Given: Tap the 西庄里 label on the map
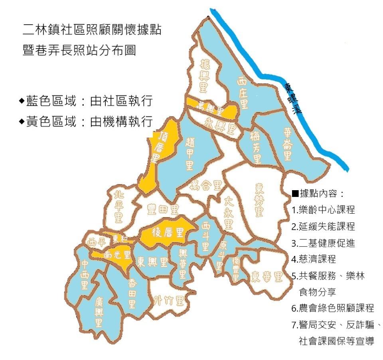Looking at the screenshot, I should (242, 93).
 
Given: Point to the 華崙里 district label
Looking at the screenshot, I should (288, 144).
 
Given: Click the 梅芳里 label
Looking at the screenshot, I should (256, 148).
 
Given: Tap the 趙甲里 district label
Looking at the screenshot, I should (190, 153).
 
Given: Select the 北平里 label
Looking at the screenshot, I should (118, 207).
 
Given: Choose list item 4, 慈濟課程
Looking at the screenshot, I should (314, 259).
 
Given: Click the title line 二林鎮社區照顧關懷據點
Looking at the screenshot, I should (93, 30).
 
